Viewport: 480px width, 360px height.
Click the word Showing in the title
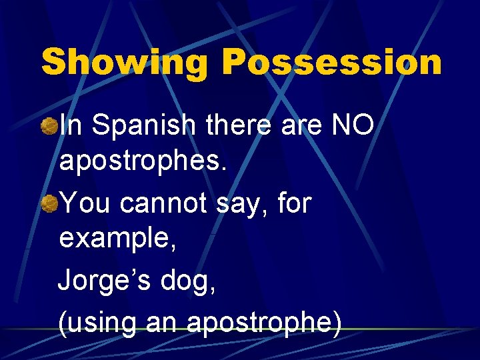click(125, 63)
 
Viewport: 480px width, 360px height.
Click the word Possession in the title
click(331, 63)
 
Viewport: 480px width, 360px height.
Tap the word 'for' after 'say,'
click(295, 203)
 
